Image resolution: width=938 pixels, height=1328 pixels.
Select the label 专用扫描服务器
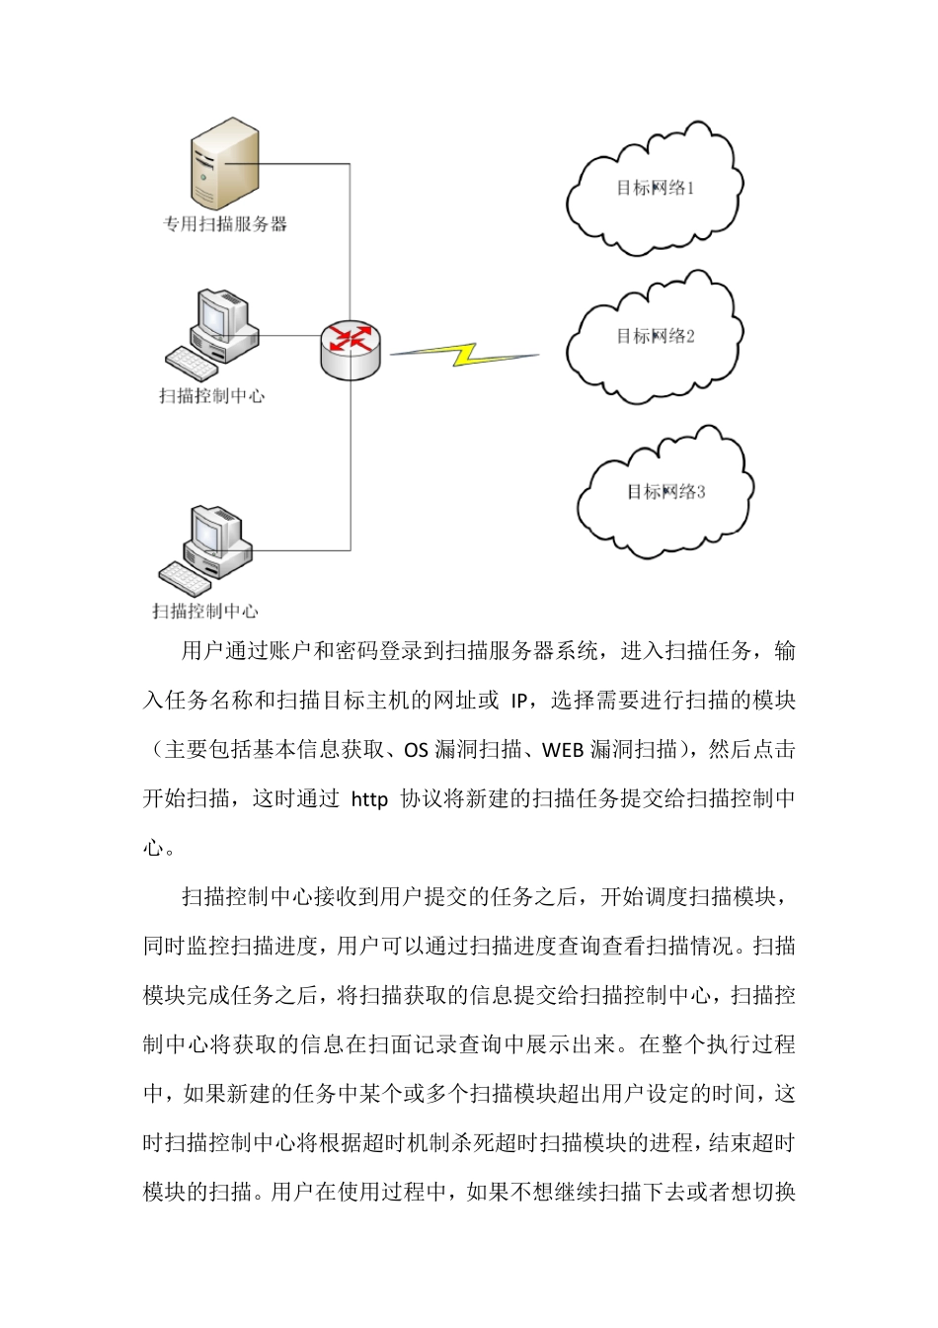point(225,224)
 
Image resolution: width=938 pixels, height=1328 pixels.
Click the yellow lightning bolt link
point(463,354)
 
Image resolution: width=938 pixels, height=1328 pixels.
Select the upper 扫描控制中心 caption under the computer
point(212,396)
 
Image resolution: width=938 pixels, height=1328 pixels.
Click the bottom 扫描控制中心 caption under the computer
point(205,612)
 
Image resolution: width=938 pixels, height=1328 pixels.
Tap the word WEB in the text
point(564,750)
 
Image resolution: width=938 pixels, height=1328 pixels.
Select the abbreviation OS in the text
point(417,750)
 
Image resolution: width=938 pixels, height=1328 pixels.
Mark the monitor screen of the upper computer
point(214,314)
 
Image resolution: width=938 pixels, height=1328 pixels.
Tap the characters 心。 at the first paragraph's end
point(160,848)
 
